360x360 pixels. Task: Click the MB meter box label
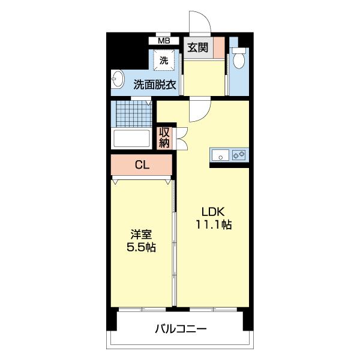click(164, 41)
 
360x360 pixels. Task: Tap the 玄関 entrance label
click(197, 48)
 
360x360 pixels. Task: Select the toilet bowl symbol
click(239, 59)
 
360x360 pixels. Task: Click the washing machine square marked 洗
click(164, 60)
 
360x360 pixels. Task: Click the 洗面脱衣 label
click(155, 85)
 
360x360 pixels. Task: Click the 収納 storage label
click(164, 138)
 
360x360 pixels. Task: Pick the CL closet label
click(142, 165)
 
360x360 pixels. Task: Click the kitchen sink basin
click(221, 155)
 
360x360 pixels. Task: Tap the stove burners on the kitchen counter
click(239, 155)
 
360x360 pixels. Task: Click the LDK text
click(213, 212)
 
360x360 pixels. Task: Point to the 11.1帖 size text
click(214, 226)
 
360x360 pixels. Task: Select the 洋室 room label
click(142, 233)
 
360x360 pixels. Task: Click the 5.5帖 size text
click(142, 247)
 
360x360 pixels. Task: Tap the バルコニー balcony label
click(180, 329)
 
